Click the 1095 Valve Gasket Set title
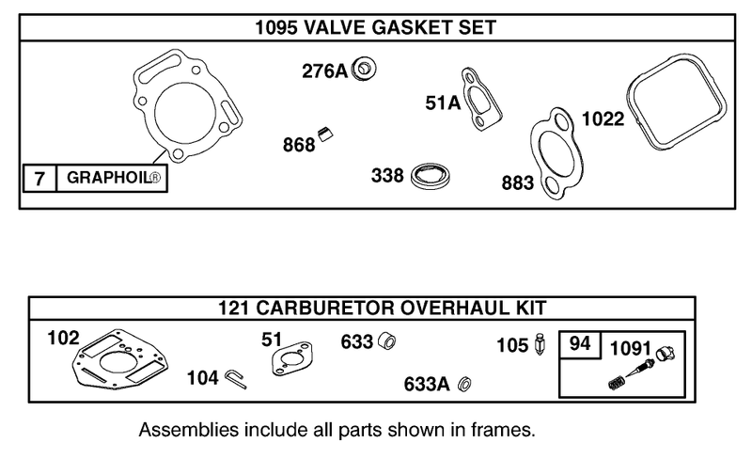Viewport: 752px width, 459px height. [375, 27]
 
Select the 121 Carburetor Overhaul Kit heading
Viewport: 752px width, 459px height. [375, 308]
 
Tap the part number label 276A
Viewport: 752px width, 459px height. [325, 71]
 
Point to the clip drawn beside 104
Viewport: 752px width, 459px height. [234, 377]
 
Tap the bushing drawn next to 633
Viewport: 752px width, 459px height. [384, 340]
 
